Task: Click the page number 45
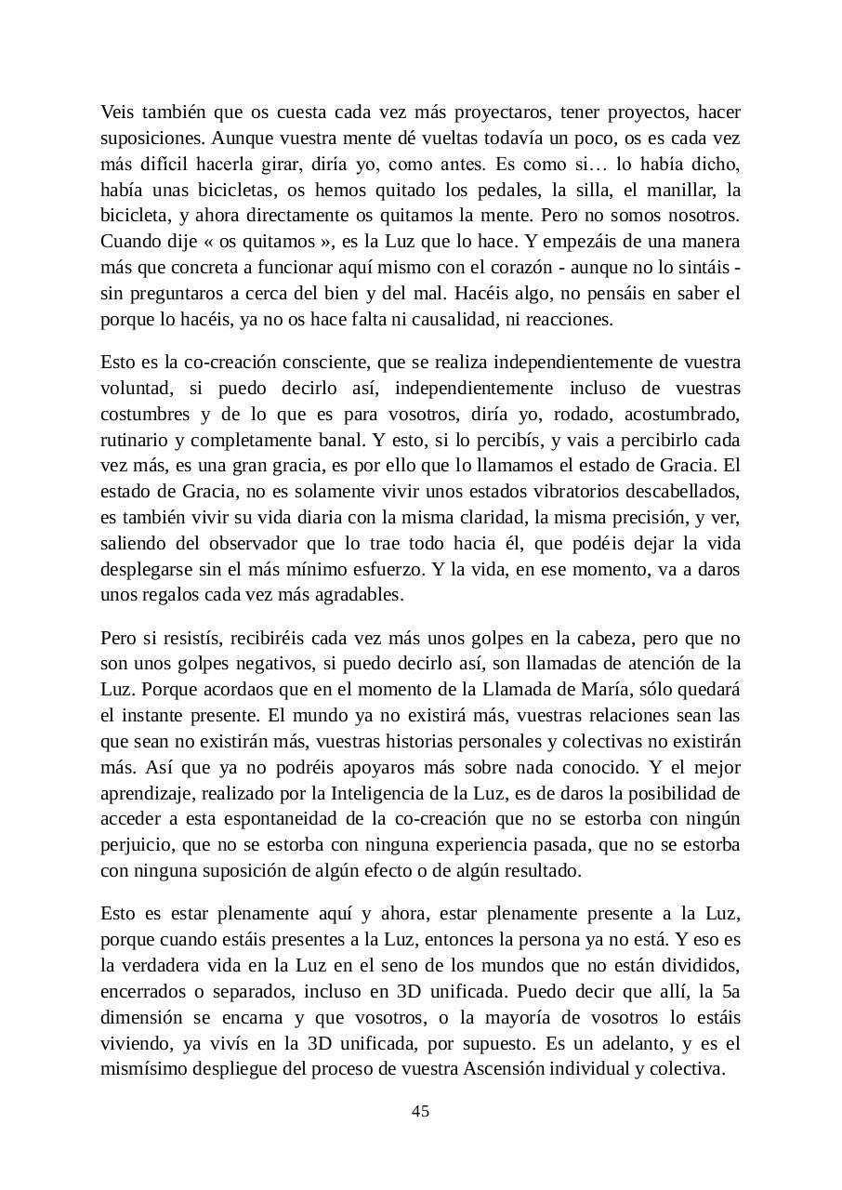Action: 420,1112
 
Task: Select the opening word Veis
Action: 117,112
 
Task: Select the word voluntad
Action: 132,388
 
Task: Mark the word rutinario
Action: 132,439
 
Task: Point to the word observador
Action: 228,543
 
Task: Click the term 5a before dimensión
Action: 730,991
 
